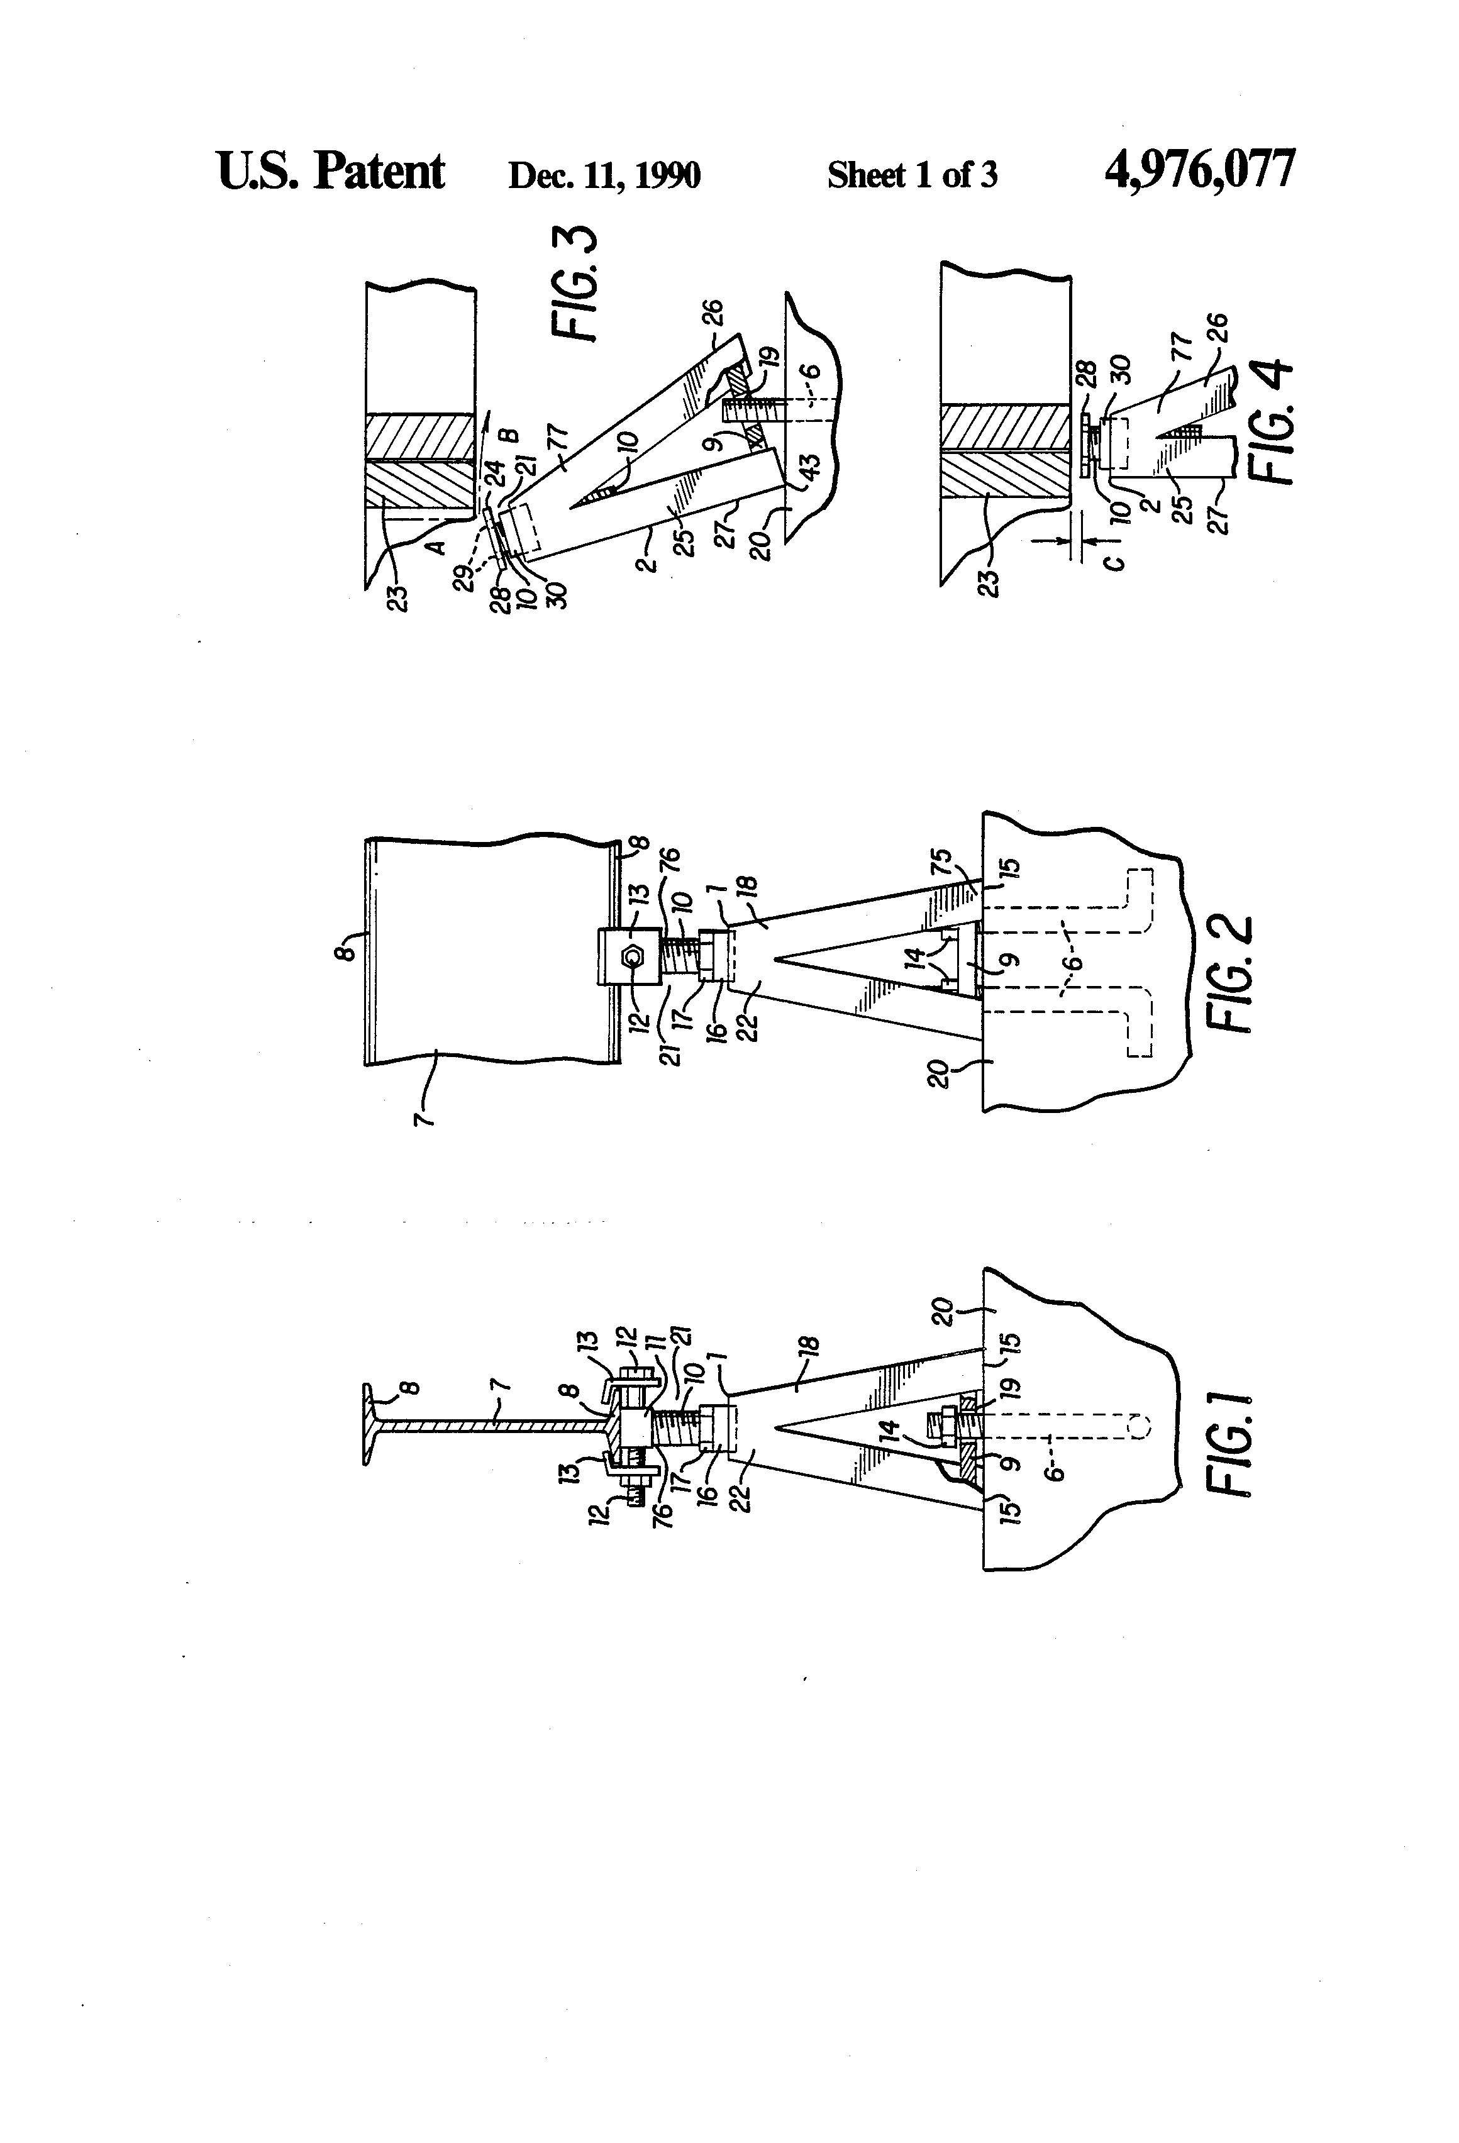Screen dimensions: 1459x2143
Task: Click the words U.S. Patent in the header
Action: [x=330, y=172]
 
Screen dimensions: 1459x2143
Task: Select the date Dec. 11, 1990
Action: [x=604, y=175]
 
